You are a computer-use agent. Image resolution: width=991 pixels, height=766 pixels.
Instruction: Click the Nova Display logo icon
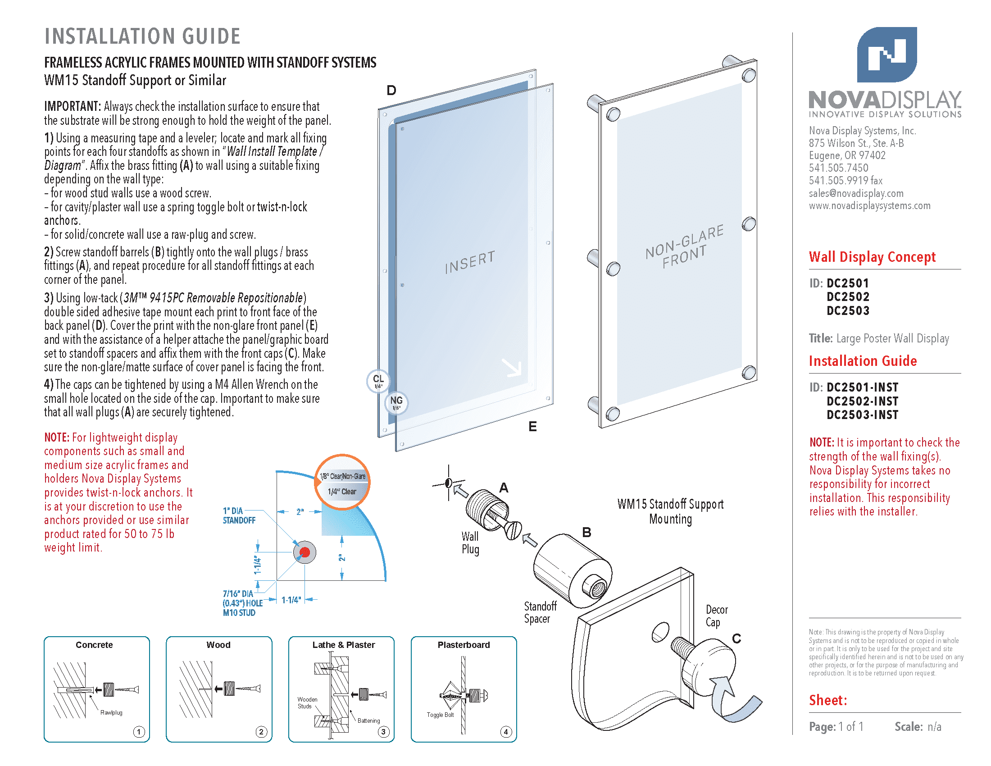[x=886, y=55]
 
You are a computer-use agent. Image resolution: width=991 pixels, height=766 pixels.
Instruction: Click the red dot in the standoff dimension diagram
[x=305, y=552]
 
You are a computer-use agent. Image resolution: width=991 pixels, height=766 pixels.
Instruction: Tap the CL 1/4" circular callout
[x=378, y=381]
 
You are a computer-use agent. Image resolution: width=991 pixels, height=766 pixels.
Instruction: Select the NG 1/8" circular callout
[x=396, y=402]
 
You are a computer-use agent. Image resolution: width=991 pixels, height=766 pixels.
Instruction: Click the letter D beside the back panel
[x=391, y=91]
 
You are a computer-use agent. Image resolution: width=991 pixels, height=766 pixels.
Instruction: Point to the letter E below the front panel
[x=532, y=427]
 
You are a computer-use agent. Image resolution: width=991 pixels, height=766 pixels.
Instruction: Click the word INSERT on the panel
[x=469, y=262]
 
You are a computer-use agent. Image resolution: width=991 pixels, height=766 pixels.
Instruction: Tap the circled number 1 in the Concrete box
[x=139, y=731]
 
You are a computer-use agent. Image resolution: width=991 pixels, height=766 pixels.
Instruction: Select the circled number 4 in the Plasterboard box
[x=505, y=731]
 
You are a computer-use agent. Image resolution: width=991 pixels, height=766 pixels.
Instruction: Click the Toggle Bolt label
[x=440, y=715]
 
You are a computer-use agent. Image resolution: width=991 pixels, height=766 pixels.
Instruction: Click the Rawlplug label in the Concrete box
[x=111, y=712]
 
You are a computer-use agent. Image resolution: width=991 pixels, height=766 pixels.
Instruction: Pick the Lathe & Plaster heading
[x=344, y=645]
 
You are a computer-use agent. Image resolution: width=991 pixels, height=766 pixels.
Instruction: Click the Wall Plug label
[x=470, y=543]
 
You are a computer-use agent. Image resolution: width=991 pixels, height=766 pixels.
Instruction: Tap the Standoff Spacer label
[x=540, y=612]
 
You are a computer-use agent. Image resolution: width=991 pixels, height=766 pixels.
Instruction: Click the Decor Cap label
[x=716, y=616]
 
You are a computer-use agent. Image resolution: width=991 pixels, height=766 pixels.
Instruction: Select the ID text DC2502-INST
[x=862, y=401]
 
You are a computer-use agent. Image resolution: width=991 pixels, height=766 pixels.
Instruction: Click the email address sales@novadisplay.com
[x=856, y=193]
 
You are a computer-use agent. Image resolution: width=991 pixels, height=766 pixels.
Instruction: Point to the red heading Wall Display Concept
[x=872, y=257]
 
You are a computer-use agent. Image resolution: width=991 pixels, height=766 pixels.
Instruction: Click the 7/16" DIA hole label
[x=242, y=602]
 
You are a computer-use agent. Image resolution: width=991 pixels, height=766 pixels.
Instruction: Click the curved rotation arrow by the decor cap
[x=735, y=701]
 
